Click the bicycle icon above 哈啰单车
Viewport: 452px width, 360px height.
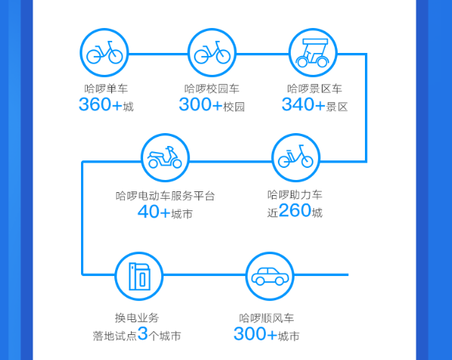click(104, 52)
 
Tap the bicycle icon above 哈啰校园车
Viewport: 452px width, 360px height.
click(212, 52)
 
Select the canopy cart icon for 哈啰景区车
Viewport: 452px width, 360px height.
click(313, 53)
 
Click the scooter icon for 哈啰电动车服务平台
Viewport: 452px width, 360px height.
click(164, 157)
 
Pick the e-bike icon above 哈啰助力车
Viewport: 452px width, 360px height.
click(295, 157)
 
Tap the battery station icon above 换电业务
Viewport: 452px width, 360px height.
click(140, 277)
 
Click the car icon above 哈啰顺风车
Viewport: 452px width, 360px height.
click(270, 276)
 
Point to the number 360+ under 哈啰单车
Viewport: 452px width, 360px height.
click(101, 104)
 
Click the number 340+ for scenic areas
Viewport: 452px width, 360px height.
click(304, 104)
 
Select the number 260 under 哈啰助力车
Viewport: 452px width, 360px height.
click(295, 210)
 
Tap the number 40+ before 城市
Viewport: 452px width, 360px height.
click(154, 212)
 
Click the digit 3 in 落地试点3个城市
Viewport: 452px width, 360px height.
click(142, 334)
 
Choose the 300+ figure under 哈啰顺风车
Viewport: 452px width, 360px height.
click(255, 334)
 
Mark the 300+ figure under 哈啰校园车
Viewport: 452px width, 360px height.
click(201, 104)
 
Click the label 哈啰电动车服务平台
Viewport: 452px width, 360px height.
click(165, 196)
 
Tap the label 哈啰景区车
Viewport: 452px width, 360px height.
click(314, 88)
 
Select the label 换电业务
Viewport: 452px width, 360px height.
click(137, 318)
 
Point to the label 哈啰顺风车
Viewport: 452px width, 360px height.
click(267, 318)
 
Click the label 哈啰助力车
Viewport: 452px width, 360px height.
click(295, 194)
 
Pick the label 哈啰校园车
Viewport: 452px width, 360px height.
click(212, 88)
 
